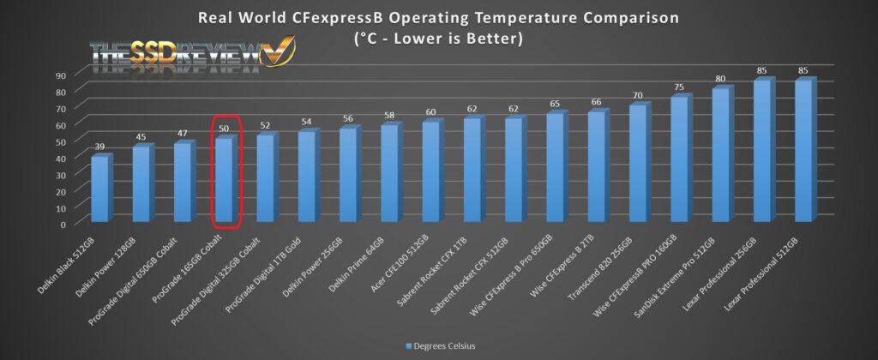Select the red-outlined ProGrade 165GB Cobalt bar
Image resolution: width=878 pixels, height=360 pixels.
[223, 180]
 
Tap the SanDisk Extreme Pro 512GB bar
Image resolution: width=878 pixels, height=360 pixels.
[720, 154]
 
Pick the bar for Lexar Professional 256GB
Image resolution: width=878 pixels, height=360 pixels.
[761, 150]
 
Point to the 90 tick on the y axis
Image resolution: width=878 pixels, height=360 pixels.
[62, 75]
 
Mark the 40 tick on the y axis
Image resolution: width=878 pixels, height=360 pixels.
[62, 158]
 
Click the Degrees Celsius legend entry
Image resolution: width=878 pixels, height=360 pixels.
[440, 346]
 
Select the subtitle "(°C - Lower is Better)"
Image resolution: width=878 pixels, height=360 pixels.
[439, 39]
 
